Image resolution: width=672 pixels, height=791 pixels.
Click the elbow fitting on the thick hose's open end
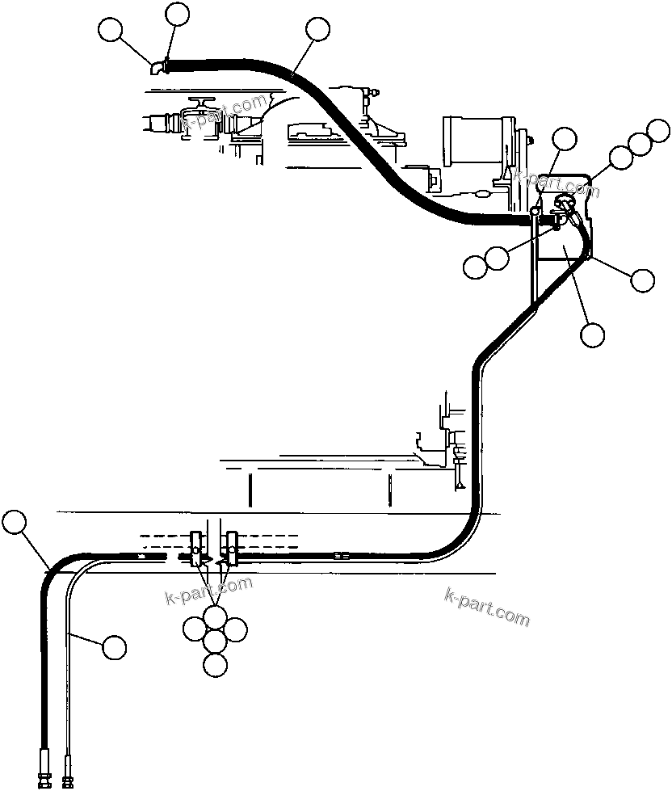tap(158, 68)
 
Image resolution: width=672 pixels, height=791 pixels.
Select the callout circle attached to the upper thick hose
tap(318, 29)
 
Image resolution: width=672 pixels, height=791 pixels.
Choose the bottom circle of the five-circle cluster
tap(215, 665)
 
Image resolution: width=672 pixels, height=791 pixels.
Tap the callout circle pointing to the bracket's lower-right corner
tap(643, 280)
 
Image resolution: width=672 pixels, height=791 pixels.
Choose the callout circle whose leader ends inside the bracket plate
tap(593, 333)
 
